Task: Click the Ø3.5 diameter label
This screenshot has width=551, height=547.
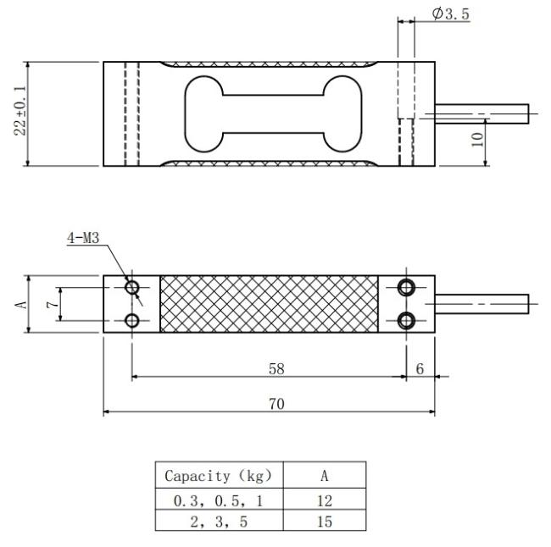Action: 451,14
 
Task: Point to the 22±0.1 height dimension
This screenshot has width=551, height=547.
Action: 20,111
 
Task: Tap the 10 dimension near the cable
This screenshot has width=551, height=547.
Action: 477,140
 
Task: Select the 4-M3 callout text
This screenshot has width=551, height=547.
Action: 83,238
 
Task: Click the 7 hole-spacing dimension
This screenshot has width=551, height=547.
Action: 53,304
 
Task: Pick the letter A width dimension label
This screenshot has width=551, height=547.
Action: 20,304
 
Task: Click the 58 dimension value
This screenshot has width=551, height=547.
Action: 276,369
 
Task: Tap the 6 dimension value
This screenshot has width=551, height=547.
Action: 420,368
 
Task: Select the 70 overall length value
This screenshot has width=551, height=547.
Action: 276,404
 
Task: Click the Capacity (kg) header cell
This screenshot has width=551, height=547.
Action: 220,475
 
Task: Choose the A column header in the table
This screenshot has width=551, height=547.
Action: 325,475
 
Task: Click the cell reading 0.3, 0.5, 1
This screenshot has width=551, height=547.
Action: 220,499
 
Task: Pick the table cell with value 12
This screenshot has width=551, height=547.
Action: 325,499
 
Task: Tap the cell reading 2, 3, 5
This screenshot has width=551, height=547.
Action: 220,520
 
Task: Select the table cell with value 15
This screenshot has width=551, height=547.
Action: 325,520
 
